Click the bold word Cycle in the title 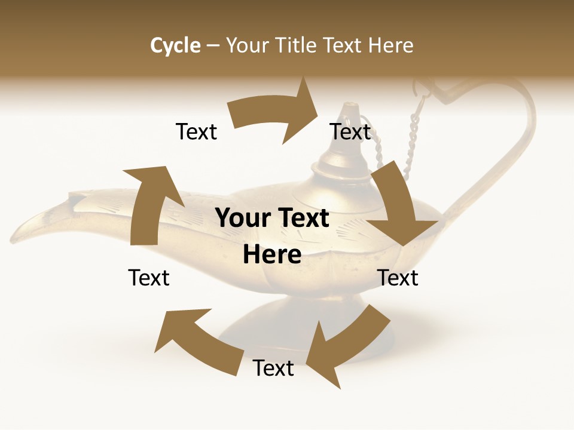[x=175, y=45]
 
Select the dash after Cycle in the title [x=213, y=46]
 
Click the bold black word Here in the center [x=272, y=255]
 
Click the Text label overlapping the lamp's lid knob [x=350, y=132]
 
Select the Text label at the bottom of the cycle [x=273, y=368]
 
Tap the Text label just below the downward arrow [x=398, y=278]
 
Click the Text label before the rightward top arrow [x=196, y=132]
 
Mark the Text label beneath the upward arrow [x=149, y=278]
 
